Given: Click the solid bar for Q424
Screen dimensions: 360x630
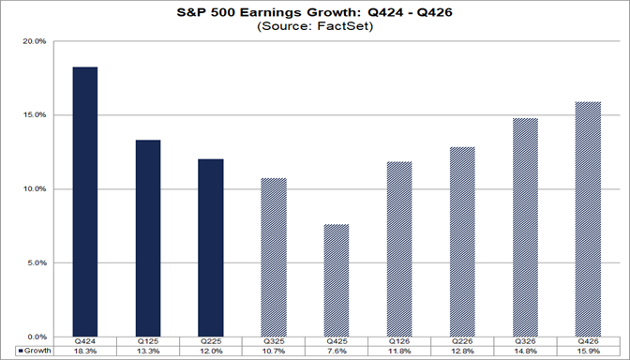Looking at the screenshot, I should (x=84, y=202).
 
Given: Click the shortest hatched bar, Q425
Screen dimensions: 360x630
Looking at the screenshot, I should (x=337, y=280).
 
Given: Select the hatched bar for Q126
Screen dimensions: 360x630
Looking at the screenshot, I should (x=399, y=248).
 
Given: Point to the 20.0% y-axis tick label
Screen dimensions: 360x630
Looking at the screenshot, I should (x=35, y=41).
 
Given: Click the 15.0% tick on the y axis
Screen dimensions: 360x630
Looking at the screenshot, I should (x=35, y=115).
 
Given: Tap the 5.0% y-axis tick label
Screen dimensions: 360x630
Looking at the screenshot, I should (x=37, y=262).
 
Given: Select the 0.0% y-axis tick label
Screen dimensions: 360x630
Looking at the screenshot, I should (x=37, y=337).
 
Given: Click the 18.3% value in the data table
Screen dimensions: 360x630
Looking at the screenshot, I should (x=84, y=351).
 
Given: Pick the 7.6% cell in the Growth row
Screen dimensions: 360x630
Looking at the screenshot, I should (x=337, y=351).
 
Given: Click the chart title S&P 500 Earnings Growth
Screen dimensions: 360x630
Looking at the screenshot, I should (x=315, y=12).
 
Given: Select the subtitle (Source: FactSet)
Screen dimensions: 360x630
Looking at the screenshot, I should (x=315, y=26).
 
